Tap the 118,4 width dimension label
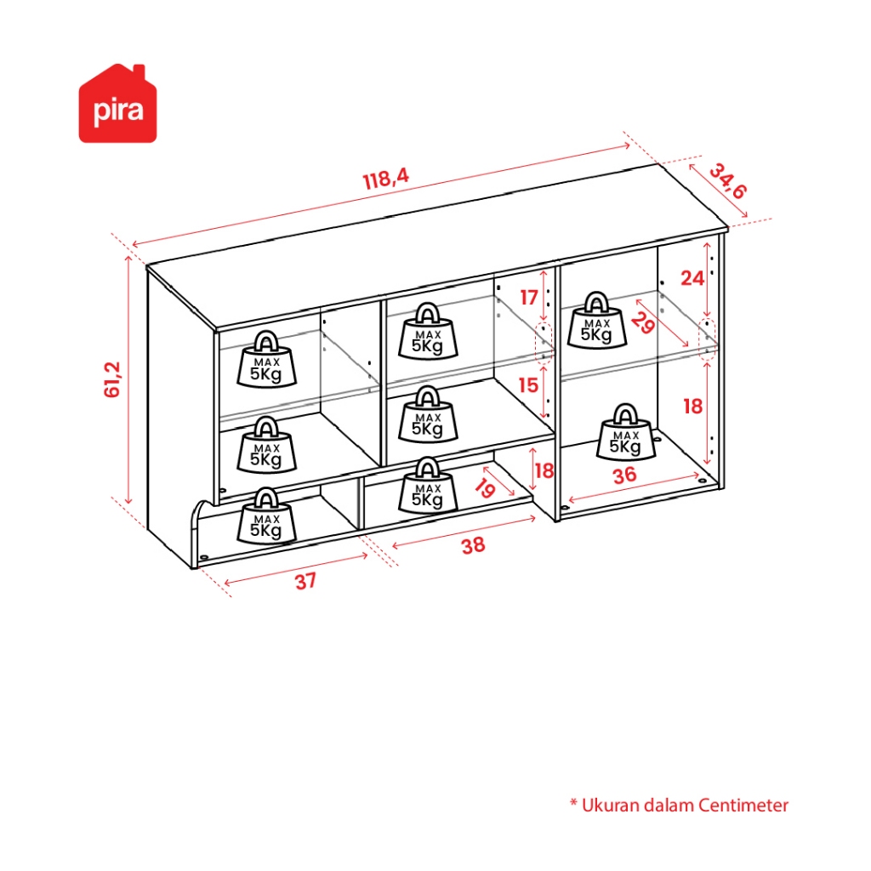tap(386, 179)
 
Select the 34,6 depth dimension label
tap(728, 181)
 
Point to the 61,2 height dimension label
tap(112, 379)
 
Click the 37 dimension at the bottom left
tap(305, 582)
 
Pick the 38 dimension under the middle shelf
tap(473, 545)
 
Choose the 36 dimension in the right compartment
tap(624, 475)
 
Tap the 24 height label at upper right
tap(692, 278)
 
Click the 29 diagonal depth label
tap(643, 323)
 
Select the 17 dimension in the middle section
tap(529, 298)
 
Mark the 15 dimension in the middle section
tap(528, 385)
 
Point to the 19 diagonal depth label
tap(485, 487)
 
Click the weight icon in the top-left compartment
tap(266, 360)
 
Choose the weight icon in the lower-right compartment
tap(626, 432)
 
